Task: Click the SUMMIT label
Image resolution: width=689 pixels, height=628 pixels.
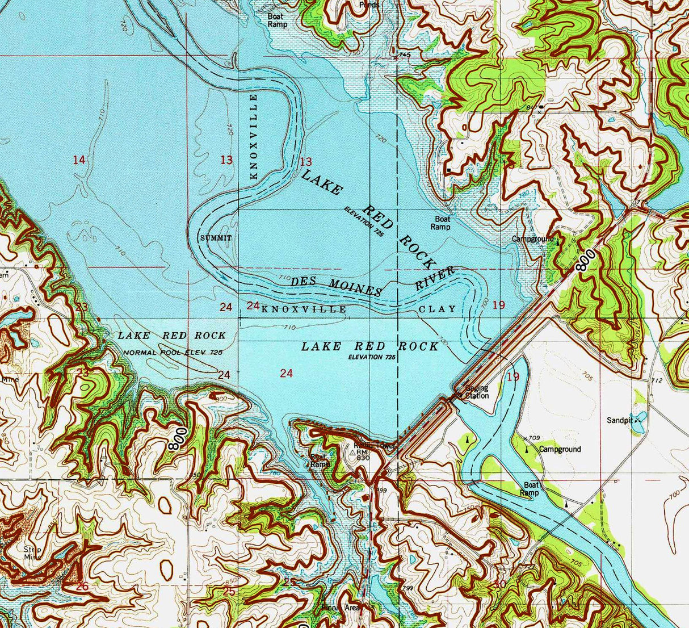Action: (216, 238)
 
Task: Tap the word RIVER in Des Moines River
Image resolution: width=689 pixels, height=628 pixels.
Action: (435, 278)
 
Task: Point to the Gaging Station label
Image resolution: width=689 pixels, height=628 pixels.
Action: (477, 392)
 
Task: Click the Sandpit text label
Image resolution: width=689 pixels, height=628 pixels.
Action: (619, 421)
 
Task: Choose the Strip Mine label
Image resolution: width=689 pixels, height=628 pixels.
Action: (33, 553)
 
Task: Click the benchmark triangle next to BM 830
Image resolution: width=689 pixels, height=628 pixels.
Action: (352, 453)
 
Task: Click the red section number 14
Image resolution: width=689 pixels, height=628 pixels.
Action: (79, 161)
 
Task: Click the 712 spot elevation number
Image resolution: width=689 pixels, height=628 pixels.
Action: (657, 380)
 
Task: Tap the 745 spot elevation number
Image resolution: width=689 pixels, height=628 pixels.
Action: (404, 55)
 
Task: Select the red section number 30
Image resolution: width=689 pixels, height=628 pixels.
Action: (499, 584)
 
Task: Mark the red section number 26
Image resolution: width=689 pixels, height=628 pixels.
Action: (82, 586)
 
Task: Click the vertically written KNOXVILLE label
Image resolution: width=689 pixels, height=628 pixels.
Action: (254, 136)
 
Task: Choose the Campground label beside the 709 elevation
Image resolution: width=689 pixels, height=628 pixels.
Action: (560, 449)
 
